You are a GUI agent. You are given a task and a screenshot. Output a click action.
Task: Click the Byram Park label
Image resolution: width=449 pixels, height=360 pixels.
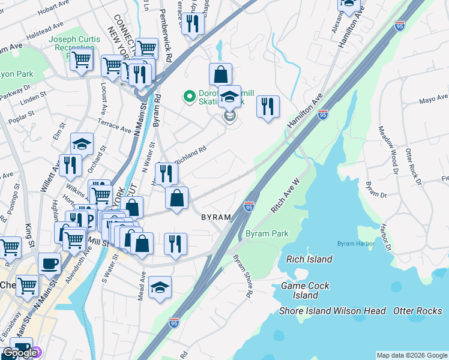point(267,233)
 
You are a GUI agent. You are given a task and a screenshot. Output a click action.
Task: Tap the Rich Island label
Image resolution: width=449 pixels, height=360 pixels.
point(309,259)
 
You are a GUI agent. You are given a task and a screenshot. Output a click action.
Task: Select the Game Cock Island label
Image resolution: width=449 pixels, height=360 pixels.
point(306,290)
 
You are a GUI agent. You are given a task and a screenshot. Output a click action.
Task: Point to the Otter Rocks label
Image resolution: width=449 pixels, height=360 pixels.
point(417,311)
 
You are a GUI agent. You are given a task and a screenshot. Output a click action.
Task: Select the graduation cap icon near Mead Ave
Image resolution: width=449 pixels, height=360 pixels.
point(160,287)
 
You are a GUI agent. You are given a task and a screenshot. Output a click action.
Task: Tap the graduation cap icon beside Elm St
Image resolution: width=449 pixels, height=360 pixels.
point(82,143)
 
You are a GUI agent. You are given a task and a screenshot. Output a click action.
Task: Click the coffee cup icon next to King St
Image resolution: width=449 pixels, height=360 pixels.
point(49,263)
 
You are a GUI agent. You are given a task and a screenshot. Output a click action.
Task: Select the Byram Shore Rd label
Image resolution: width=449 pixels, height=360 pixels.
point(243,275)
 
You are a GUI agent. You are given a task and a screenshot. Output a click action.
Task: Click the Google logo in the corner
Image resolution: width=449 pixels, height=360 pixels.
point(20,352)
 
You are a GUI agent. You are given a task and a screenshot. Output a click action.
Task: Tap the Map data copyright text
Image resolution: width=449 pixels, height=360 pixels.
point(411,355)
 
